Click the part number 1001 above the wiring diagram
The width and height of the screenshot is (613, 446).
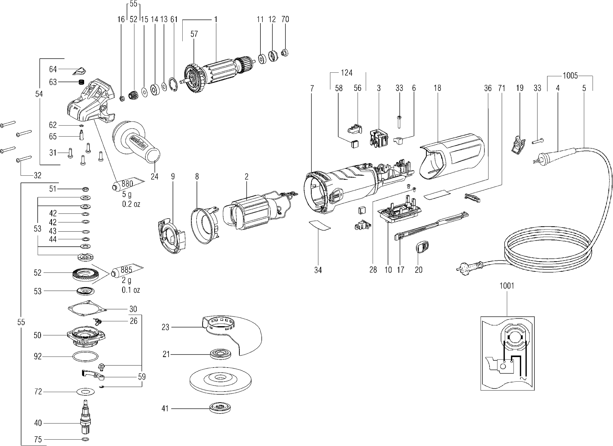click(507, 286)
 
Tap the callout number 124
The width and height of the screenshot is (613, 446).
click(346, 73)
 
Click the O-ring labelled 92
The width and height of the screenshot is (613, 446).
click(85, 357)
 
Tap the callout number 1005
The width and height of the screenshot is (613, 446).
click(570, 76)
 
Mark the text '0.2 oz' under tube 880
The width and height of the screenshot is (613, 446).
click(131, 204)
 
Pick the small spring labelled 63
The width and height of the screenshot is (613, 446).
click(81, 82)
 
